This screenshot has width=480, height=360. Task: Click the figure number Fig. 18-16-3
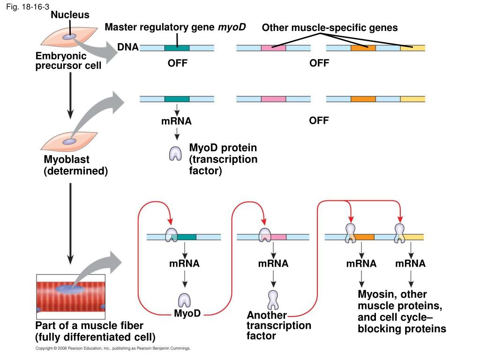pos(28,7)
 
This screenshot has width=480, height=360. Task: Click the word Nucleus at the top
pos(70,15)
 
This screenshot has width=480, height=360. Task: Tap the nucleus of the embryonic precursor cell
pos(69,37)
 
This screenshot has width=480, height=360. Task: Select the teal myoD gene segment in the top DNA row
pos(177,48)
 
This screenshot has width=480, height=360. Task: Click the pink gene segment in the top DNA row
pos(273,48)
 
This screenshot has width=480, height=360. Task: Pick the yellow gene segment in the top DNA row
pos(412,48)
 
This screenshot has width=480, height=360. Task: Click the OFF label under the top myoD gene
pos(178,63)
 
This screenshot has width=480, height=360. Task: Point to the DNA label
pos(128,47)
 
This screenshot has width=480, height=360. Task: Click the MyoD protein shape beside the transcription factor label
pos(175,153)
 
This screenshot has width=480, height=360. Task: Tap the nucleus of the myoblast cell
pos(69,142)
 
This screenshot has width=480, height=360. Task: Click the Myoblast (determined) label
pos(75,165)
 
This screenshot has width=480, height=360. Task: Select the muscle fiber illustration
pos(71,297)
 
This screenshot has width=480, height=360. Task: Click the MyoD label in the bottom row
pos(187,313)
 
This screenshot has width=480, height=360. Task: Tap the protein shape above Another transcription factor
pos(273,300)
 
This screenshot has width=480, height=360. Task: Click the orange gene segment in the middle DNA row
pos(363,99)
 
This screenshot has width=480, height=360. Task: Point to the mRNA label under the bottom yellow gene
pos(410,263)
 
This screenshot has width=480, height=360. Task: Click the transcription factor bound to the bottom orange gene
pos(351,233)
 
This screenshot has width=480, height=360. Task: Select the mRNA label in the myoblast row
pos(176,121)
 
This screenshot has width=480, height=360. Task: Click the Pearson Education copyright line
pos(113,348)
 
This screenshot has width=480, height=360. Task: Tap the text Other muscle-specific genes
pos(330,28)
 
